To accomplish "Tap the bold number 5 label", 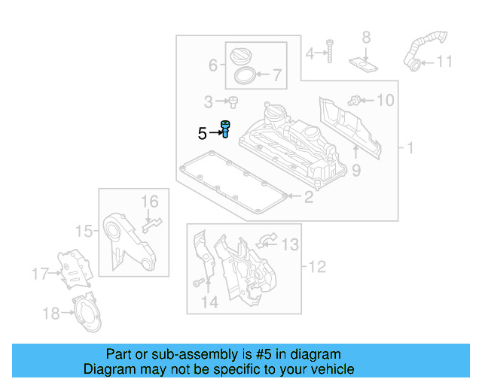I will tap(202, 135).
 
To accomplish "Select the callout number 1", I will tap(410, 149).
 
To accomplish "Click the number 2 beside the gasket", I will tap(307, 198).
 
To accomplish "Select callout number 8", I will tap(366, 37).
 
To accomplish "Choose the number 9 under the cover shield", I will tap(355, 171).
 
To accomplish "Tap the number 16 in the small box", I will tap(150, 201).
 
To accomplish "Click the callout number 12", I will tap(315, 266).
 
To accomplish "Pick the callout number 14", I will tap(209, 302).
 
